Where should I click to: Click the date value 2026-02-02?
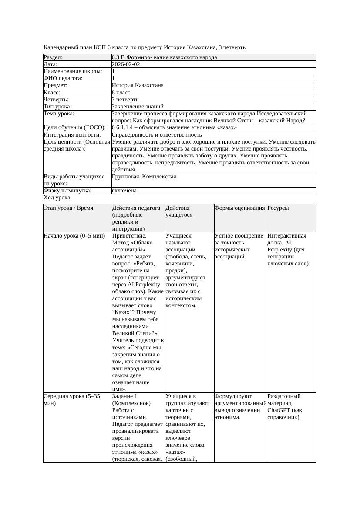pyautogui.click(x=126, y=64)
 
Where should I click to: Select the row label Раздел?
pyautogui.click(x=53, y=57)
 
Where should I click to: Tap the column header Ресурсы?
pyautogui.click(x=278, y=208)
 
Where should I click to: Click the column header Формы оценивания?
pyautogui.click(x=239, y=208)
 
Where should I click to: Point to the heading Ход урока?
pyautogui.click(x=57, y=198)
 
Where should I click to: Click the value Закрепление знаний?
pyautogui.click(x=138, y=107)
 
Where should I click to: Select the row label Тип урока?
pyautogui.click(x=57, y=107)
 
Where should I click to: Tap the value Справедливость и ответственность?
pyautogui.click(x=157, y=135)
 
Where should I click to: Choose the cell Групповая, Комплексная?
pyautogui.click(x=144, y=177)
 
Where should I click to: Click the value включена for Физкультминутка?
pyautogui.click(x=124, y=191)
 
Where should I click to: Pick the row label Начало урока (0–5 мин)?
pyautogui.click(x=74, y=236)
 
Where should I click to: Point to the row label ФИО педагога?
pyautogui.click(x=63, y=78)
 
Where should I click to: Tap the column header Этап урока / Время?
pyautogui.click(x=68, y=208)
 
